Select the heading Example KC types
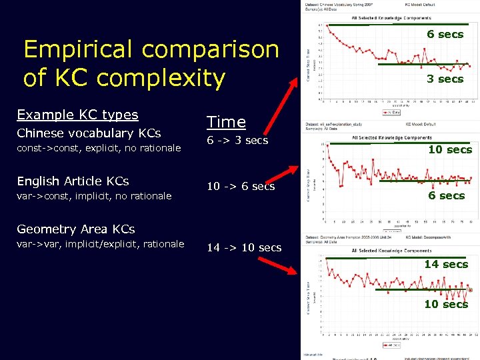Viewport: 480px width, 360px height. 77,115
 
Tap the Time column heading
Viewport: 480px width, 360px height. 226,122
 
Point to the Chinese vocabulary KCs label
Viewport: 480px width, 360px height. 89,133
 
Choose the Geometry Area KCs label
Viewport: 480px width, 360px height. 75,229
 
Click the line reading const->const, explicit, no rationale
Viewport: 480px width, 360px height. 99,148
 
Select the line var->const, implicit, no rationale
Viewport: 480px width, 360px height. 94,196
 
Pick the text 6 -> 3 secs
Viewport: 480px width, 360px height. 237,141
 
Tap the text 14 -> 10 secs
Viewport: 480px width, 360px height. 244,248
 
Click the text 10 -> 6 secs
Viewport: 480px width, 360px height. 241,187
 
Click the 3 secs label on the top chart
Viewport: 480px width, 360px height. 445,79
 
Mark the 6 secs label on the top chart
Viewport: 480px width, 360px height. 445,35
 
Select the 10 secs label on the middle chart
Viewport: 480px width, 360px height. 450,149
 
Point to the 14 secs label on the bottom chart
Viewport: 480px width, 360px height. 446,265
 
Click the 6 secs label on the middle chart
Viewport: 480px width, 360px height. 447,196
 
